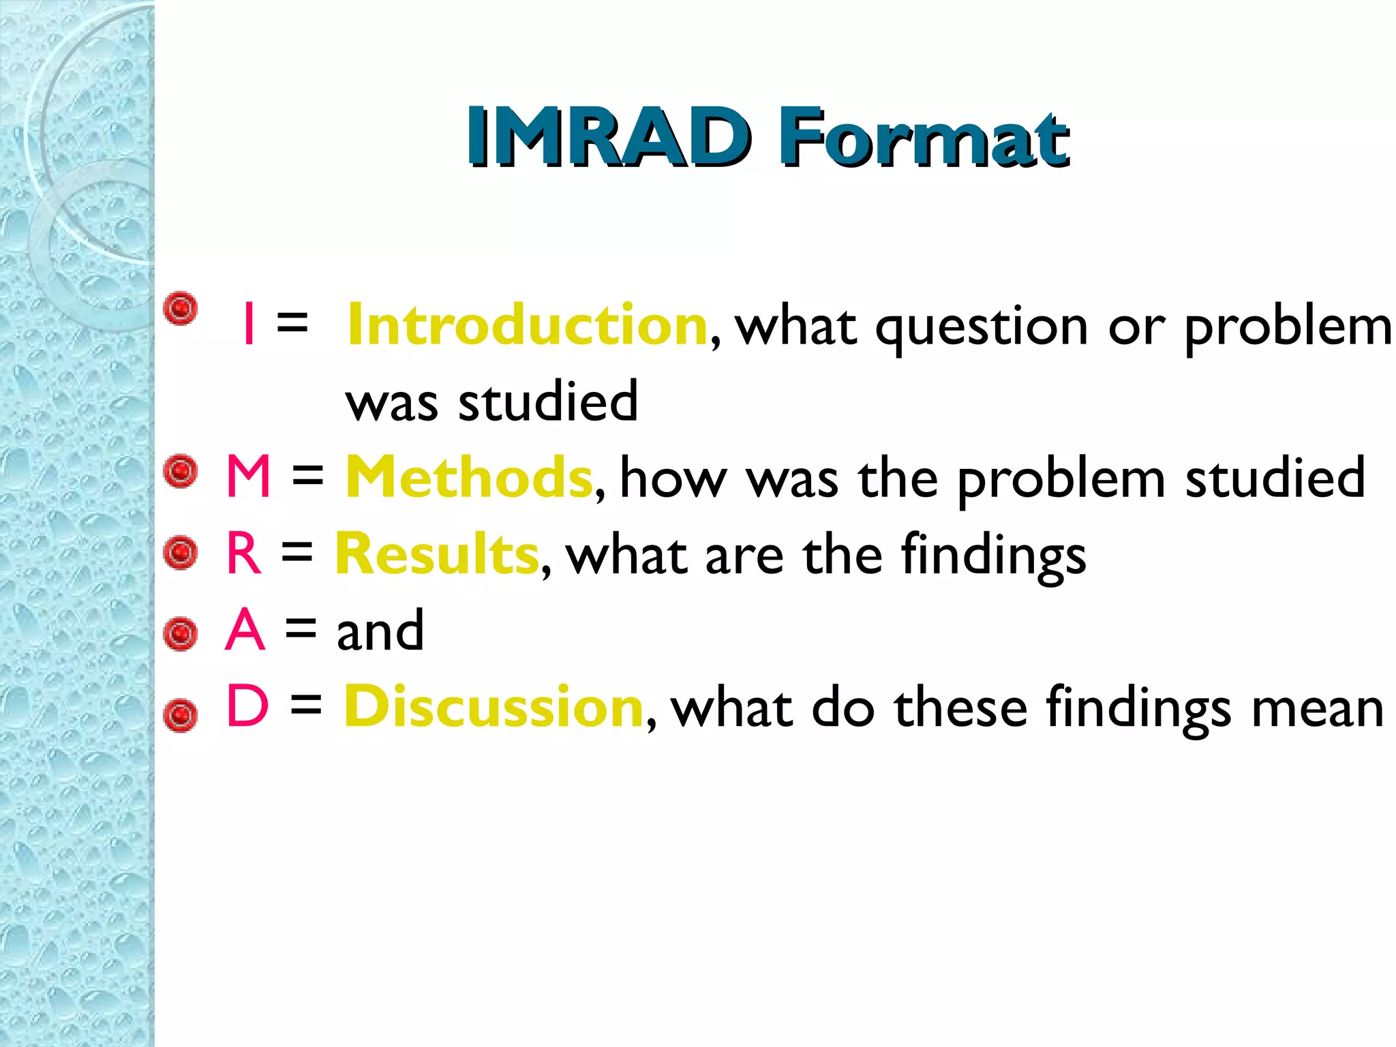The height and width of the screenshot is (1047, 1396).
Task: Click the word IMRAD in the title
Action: tap(609, 138)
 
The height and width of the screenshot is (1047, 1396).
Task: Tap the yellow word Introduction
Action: tap(527, 326)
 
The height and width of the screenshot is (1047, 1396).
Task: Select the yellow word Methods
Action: tap(469, 478)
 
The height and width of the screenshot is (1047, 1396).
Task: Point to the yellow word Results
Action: tap(437, 554)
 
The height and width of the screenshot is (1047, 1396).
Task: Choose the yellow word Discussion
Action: tap(494, 707)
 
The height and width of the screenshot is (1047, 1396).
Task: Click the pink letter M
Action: tap(249, 477)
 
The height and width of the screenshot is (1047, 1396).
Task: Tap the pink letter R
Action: tap(244, 554)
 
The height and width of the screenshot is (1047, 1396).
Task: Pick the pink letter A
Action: tap(245, 631)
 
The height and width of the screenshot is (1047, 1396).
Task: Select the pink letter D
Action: tap(247, 707)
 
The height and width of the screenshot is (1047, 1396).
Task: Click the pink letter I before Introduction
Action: tap(249, 326)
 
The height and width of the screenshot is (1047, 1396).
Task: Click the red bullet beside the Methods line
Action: tap(181, 471)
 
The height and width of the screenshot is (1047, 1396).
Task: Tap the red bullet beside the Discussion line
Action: tap(181, 716)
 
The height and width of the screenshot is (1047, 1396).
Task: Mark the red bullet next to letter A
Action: tap(181, 634)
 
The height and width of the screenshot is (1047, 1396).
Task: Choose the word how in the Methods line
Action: tap(673, 479)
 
